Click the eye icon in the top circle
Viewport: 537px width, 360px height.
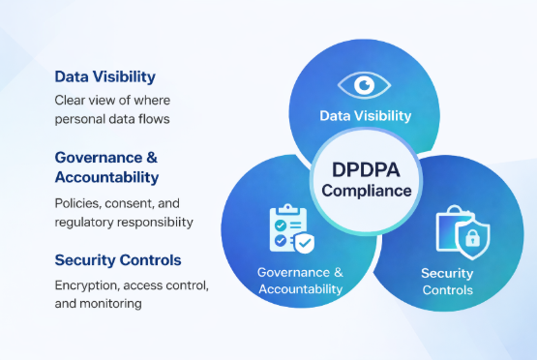pos(365,85)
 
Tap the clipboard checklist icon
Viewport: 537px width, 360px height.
pos(288,229)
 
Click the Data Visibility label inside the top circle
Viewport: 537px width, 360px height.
pos(366,116)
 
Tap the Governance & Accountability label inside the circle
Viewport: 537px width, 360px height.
pos(300,280)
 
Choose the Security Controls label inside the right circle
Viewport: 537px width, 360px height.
pos(447,282)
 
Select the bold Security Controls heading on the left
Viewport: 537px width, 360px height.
pos(117,259)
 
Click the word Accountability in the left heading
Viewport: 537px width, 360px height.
pos(106,178)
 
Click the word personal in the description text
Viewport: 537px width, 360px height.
pos(80,119)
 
